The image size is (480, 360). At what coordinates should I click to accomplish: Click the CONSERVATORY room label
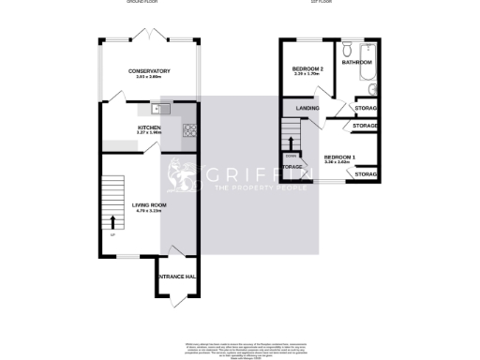[149, 70]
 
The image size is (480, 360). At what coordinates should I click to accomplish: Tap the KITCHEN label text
[149, 127]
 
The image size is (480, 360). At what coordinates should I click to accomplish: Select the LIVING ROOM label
[149, 203]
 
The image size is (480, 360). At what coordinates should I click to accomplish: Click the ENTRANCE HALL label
[175, 277]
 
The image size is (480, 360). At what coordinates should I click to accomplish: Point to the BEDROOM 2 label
[307, 69]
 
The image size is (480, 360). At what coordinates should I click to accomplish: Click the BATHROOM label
[357, 62]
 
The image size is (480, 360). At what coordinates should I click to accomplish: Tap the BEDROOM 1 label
[338, 157]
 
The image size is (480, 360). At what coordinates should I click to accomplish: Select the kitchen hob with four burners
[189, 130]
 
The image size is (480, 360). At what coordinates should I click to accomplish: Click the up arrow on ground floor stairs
[114, 223]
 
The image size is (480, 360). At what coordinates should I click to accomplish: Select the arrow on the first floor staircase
[291, 141]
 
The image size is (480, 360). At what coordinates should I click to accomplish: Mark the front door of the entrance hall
[175, 302]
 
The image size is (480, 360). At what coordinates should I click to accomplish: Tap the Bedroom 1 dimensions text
[338, 162]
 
